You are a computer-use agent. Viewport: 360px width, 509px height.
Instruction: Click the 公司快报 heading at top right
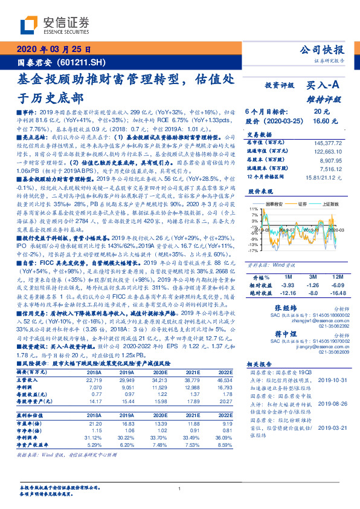(x=323, y=51)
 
